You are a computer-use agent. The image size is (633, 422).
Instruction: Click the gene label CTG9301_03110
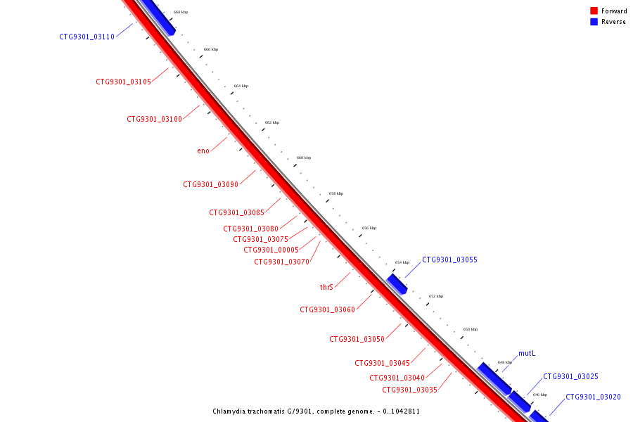point(87,37)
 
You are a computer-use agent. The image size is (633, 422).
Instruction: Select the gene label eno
point(203,151)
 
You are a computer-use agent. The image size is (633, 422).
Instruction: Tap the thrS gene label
point(326,287)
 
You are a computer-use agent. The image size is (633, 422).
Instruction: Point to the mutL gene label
point(528,353)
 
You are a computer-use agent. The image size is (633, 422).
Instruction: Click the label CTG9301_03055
point(449,260)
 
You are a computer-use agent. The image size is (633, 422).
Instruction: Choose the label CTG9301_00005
point(271,250)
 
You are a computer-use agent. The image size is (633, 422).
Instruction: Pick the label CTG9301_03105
point(124,82)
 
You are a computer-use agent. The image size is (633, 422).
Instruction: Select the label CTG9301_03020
point(593,397)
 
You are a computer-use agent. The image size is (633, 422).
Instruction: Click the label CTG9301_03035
point(410,390)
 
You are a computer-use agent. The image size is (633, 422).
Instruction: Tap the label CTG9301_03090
point(211,184)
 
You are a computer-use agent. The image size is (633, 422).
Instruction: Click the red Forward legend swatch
point(594,11)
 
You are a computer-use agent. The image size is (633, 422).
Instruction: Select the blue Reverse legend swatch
point(594,22)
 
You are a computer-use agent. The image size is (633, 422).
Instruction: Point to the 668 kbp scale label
point(181,12)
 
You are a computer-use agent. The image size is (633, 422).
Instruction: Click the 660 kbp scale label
point(304,158)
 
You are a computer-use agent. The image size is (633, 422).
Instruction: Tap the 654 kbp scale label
point(402,262)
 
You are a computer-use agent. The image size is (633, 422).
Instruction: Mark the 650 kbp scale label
point(471,329)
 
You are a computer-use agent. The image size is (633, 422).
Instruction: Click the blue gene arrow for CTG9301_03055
point(397,284)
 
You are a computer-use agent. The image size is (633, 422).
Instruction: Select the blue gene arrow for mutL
point(494,378)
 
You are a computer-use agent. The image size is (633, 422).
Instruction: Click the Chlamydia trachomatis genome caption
point(316,411)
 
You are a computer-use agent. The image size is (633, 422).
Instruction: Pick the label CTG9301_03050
point(357,339)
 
